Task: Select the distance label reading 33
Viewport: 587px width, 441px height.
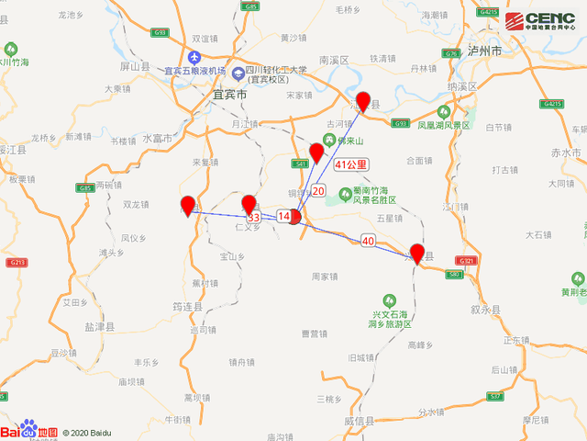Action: pyautogui.click(x=254, y=218)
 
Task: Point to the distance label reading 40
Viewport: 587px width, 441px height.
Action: pyautogui.click(x=369, y=241)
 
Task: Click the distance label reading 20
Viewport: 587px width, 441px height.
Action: pyautogui.click(x=318, y=191)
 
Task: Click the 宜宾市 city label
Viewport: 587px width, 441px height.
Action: pyautogui.click(x=229, y=95)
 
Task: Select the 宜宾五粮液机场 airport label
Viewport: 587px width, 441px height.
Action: pyautogui.click(x=194, y=71)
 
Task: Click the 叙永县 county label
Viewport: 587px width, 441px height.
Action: pyautogui.click(x=485, y=311)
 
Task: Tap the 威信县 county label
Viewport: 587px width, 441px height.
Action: pyautogui.click(x=360, y=420)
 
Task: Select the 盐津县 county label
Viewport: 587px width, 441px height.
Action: pyautogui.click(x=100, y=326)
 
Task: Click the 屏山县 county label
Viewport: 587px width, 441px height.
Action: pyautogui.click(x=134, y=67)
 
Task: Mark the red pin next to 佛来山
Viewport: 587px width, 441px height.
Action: pyautogui.click(x=316, y=152)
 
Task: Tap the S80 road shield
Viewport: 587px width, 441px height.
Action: pyautogui.click(x=453, y=274)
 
